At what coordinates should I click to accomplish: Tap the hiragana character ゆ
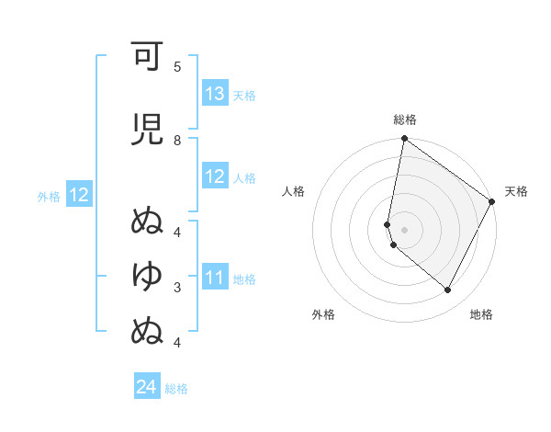point(147,275)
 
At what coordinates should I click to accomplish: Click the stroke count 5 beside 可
point(177,67)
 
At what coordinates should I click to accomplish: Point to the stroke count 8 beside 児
point(177,140)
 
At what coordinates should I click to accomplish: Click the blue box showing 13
point(215,94)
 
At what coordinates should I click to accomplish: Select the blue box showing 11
point(215,277)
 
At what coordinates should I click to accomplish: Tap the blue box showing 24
point(147,387)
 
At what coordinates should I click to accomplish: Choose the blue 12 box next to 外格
point(78,195)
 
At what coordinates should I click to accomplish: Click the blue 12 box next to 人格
point(215,176)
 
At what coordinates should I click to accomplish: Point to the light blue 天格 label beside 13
point(243,96)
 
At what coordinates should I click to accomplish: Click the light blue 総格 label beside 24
point(176,389)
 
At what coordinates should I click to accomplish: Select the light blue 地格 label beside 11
point(243,279)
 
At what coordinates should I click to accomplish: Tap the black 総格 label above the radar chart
point(405,119)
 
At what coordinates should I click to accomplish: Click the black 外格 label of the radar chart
point(323,314)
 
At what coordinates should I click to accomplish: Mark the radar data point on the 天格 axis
point(492,202)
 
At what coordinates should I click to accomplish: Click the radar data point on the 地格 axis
point(448,290)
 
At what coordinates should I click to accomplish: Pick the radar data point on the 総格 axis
point(404,139)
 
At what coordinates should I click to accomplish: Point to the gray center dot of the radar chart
point(405,229)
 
